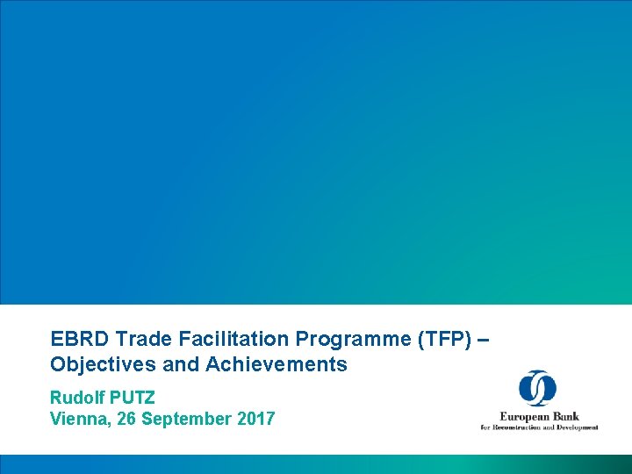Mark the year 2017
click(256, 419)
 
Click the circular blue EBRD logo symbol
click(537, 388)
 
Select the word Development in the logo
click(578, 427)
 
